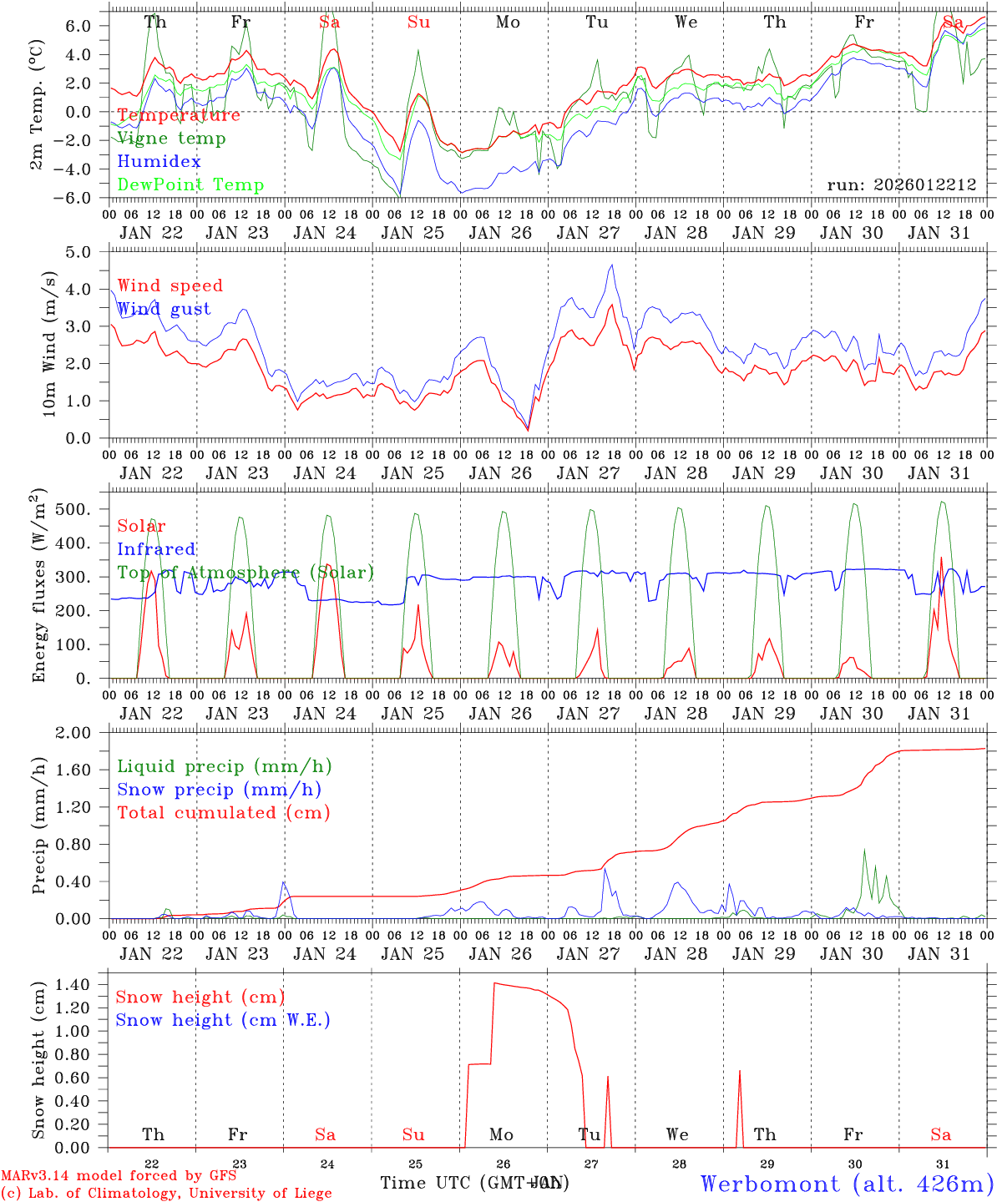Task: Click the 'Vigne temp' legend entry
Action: point(171,139)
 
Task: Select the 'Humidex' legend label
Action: point(159,162)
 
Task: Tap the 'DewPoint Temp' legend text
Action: point(190,185)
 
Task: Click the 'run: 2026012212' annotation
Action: point(901,184)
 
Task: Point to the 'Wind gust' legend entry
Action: point(164,309)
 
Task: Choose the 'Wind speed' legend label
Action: point(170,285)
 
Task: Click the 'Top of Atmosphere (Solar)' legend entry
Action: point(245,573)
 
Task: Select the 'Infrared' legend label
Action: point(156,549)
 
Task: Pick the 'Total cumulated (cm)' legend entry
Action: point(223,812)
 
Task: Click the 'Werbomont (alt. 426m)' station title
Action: point(847,1184)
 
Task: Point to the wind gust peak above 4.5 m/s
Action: point(612,265)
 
